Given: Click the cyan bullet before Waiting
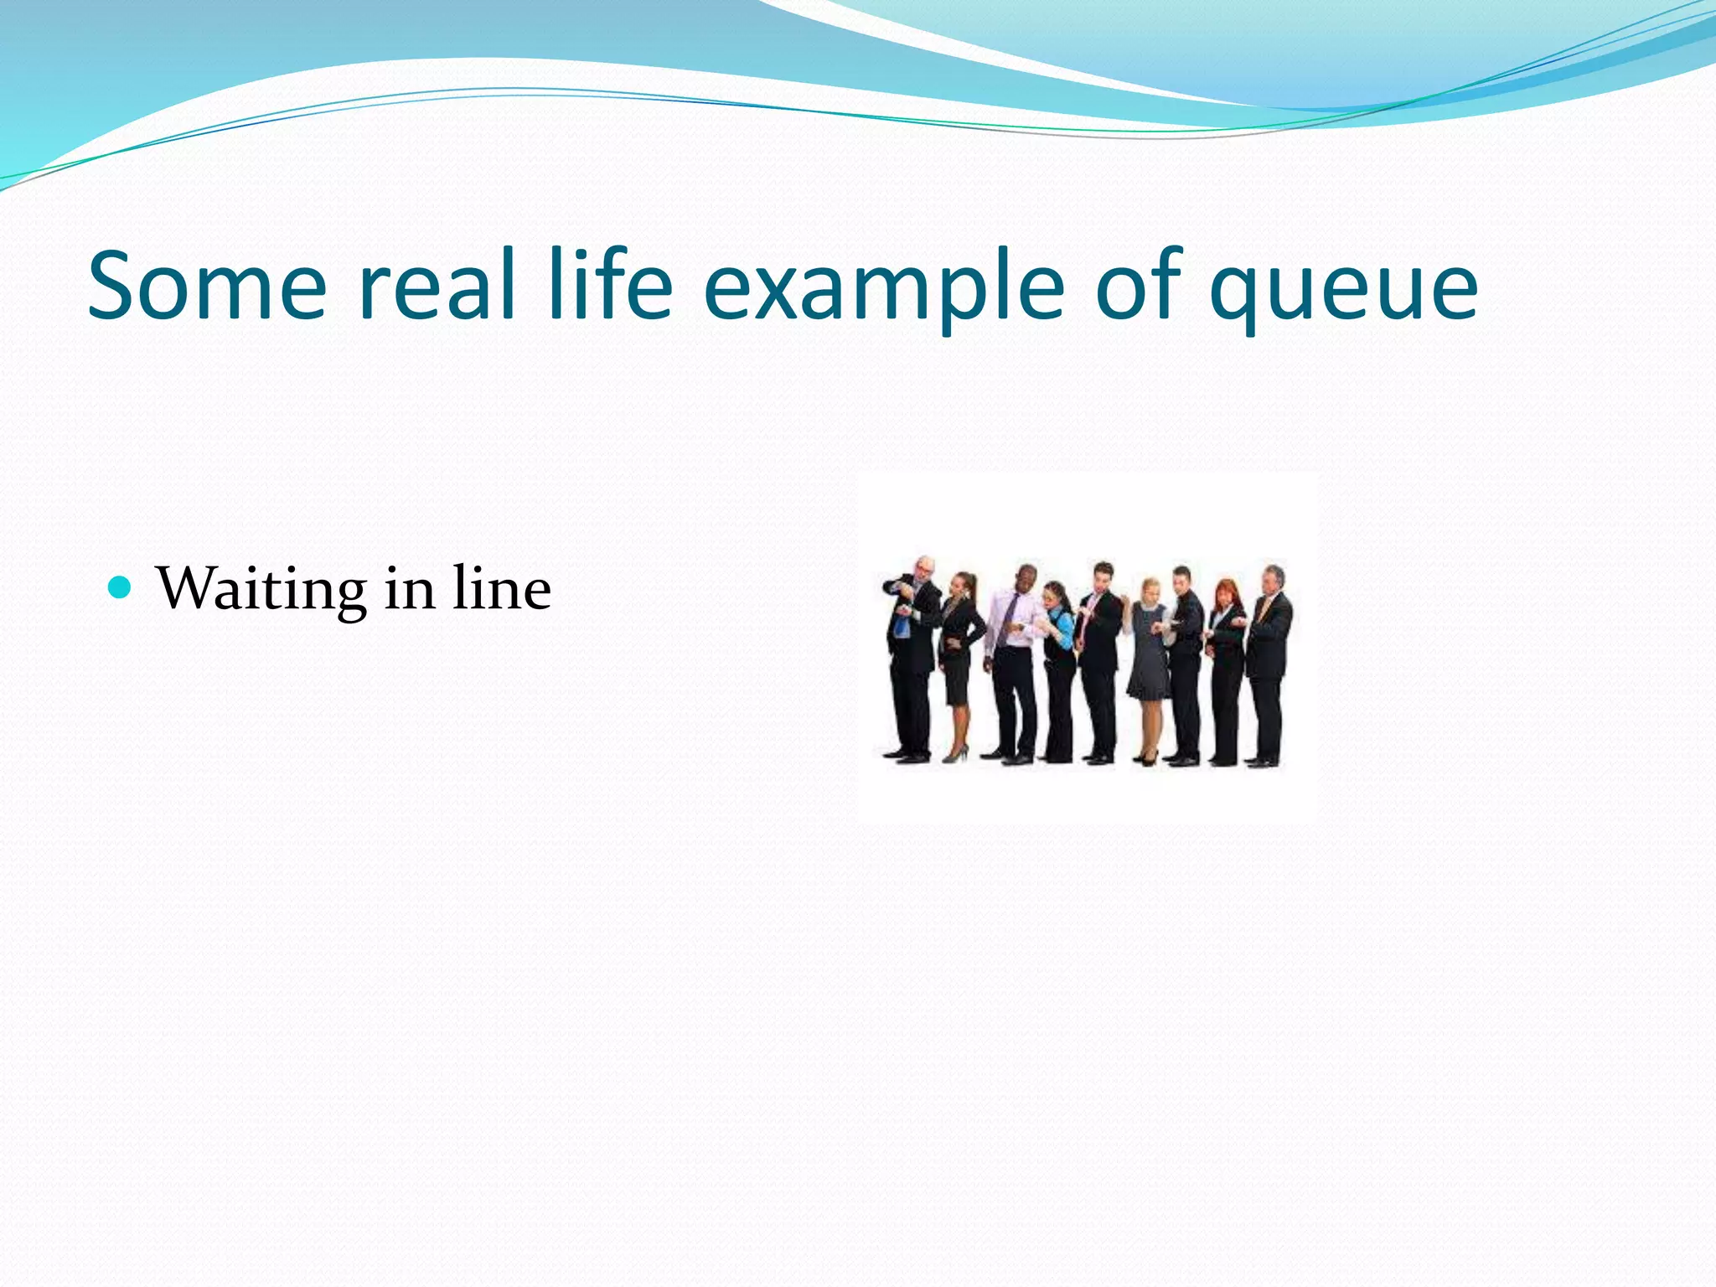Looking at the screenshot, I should coord(121,587).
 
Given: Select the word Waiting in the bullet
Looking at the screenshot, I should coord(261,589).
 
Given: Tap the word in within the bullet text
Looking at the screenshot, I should coord(410,589).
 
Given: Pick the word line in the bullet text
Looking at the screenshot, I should coord(502,589).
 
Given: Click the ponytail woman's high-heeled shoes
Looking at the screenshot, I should coord(955,754).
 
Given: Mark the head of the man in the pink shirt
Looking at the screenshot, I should coord(1026,577).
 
